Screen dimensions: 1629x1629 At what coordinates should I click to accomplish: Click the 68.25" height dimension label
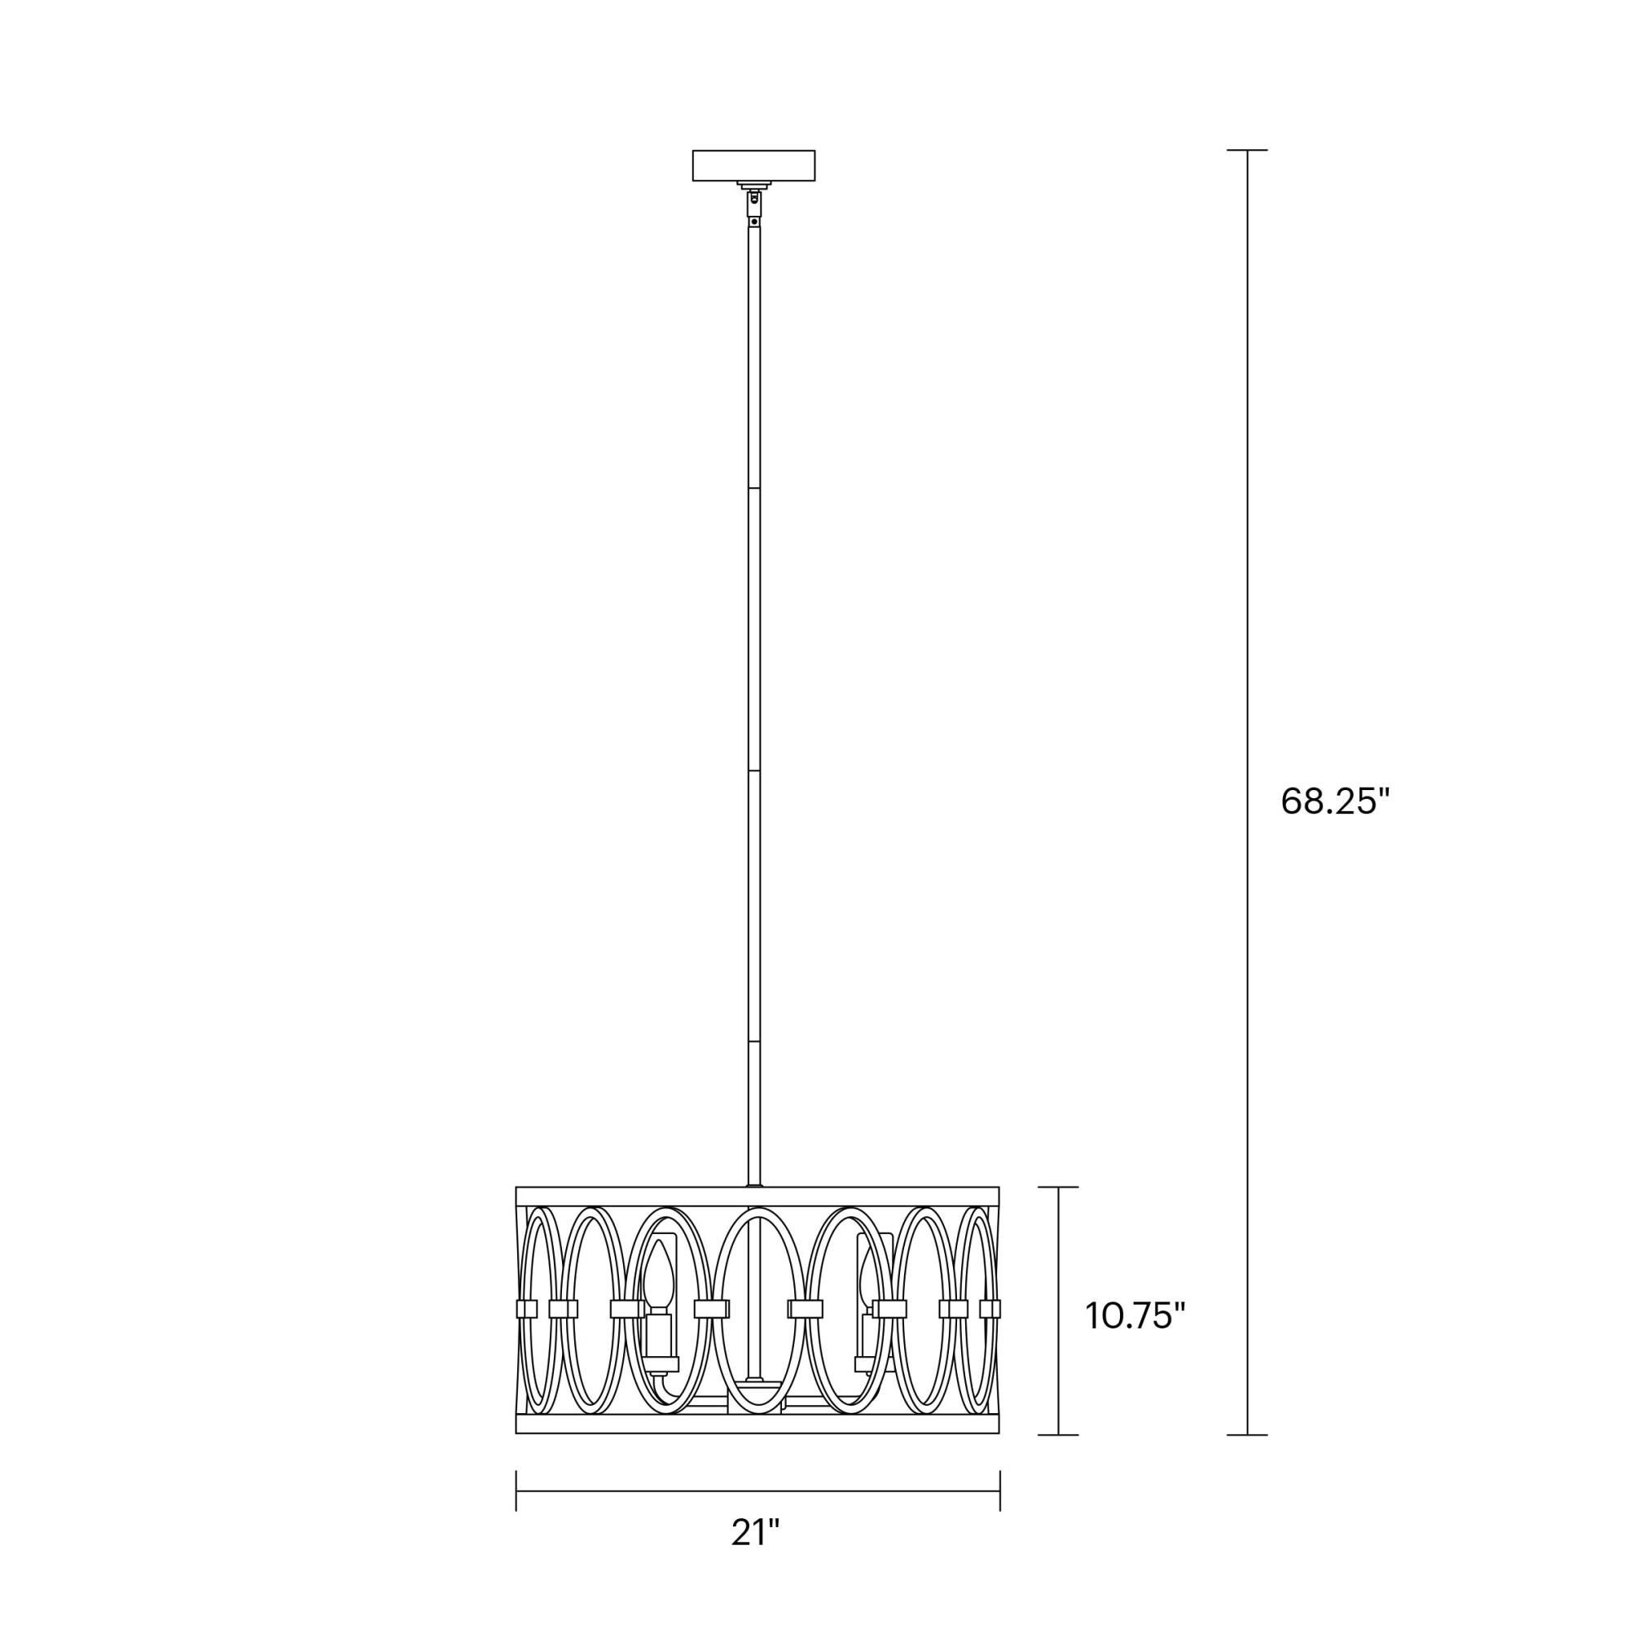(x=1334, y=801)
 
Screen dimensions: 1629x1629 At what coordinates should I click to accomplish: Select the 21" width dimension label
(x=756, y=1533)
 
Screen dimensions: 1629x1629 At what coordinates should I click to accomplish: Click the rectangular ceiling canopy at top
(x=753, y=165)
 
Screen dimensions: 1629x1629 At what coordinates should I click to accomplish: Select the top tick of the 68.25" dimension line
(x=1247, y=150)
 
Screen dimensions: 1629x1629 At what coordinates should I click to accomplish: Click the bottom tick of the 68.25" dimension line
(x=1247, y=1434)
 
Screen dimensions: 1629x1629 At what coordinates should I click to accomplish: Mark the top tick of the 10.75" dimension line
(x=1058, y=1188)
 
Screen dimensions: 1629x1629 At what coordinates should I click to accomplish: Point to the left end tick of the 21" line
(x=516, y=1491)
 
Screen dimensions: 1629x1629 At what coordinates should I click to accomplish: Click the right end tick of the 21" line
(x=999, y=1491)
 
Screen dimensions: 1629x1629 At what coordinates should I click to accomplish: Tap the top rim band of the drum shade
(x=757, y=1197)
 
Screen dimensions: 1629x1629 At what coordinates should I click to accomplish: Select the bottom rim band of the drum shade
(x=757, y=1424)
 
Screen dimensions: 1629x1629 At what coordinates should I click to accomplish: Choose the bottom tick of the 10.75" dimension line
(x=1058, y=1434)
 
